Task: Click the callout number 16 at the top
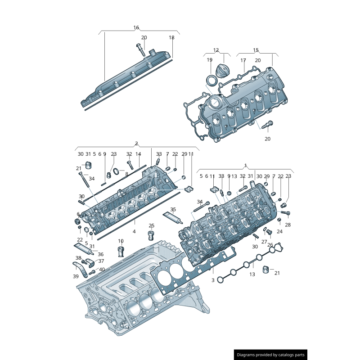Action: click(136, 28)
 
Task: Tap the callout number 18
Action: click(171, 38)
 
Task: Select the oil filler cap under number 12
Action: click(223, 71)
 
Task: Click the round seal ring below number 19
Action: click(211, 81)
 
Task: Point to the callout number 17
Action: click(243, 60)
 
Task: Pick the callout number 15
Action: click(256, 50)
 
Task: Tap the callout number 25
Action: click(152, 226)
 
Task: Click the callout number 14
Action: click(138, 154)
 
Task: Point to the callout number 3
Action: click(213, 280)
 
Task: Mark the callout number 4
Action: click(134, 231)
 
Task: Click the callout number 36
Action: click(100, 254)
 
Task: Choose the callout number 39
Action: click(76, 276)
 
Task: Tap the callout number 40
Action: click(102, 270)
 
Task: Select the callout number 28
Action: click(288, 225)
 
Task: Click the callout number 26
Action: click(270, 245)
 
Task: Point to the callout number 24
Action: click(279, 232)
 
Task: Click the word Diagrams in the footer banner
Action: click(247, 355)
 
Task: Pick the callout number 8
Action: click(127, 174)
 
